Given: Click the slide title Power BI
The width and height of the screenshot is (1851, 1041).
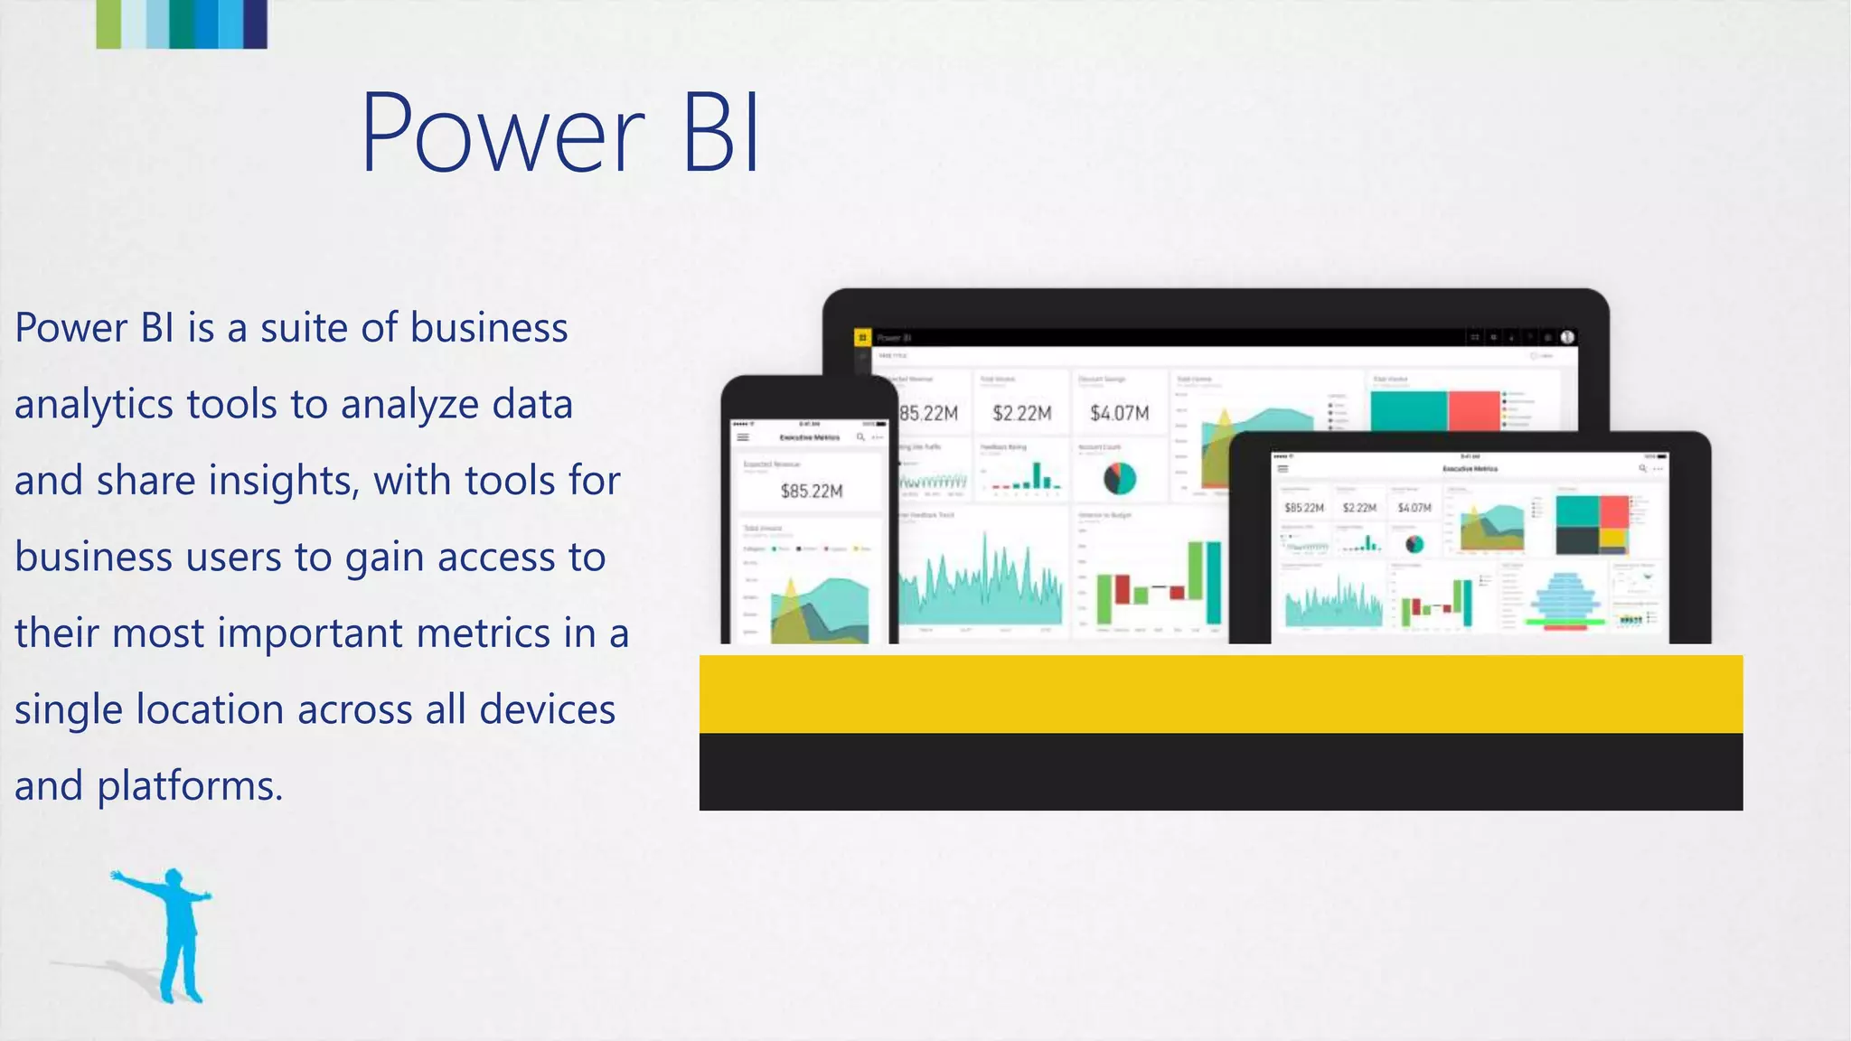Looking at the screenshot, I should point(560,133).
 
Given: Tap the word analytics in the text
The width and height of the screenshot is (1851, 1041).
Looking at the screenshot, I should point(94,404).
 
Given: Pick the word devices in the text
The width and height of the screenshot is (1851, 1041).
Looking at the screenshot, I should point(548,708).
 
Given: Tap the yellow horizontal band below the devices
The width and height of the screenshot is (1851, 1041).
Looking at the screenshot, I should point(1220,693).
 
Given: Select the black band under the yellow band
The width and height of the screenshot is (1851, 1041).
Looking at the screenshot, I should point(1220,771).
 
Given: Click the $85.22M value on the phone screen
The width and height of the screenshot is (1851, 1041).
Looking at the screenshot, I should point(811,492).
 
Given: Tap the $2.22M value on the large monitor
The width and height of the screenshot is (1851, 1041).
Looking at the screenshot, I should point(1021,414).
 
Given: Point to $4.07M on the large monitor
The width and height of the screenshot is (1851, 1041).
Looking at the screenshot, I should point(1119,414).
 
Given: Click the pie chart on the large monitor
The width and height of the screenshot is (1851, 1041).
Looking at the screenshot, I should point(1119,478).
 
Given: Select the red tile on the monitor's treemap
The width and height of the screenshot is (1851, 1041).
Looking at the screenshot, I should point(1473,410).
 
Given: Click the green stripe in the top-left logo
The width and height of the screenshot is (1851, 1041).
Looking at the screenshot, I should point(108,23).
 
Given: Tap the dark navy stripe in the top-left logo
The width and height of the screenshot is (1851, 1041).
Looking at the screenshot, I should point(256,23).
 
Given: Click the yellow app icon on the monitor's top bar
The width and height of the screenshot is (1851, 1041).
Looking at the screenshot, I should point(862,338).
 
